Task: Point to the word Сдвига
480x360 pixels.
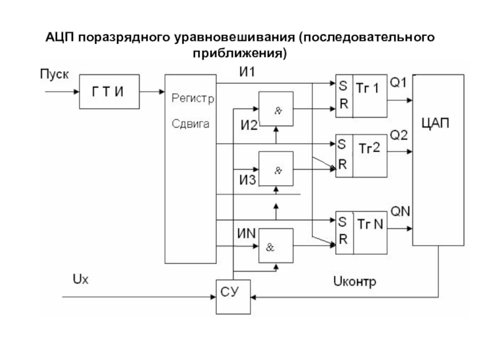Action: click(x=190, y=124)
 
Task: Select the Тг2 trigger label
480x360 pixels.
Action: click(x=369, y=148)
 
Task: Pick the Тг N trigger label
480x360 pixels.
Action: click(x=370, y=224)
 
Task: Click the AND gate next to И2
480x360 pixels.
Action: click(x=276, y=109)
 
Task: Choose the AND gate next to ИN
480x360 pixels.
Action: click(x=276, y=245)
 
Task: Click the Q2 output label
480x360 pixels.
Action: click(x=399, y=136)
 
